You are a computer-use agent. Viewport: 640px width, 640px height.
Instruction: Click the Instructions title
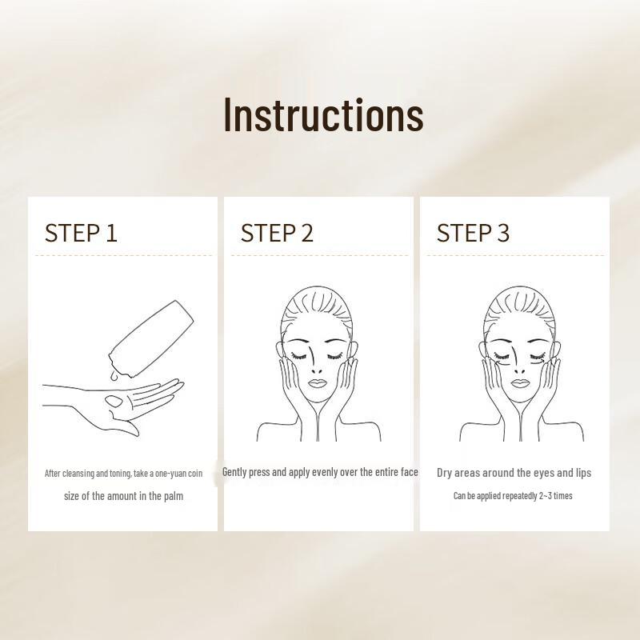pos(322,114)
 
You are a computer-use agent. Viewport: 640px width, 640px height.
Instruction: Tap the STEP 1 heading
pos(81,233)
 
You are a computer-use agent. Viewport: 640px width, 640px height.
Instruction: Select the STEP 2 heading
pos(277,233)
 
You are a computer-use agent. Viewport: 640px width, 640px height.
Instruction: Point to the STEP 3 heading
pos(472,233)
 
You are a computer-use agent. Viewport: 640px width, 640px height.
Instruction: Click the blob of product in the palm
pos(113,399)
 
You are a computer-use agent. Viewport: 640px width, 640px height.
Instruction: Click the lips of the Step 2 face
pos(316,383)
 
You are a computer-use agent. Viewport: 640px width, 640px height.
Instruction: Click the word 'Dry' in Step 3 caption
pos(446,473)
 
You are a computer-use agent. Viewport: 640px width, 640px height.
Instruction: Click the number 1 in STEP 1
pos(111,233)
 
